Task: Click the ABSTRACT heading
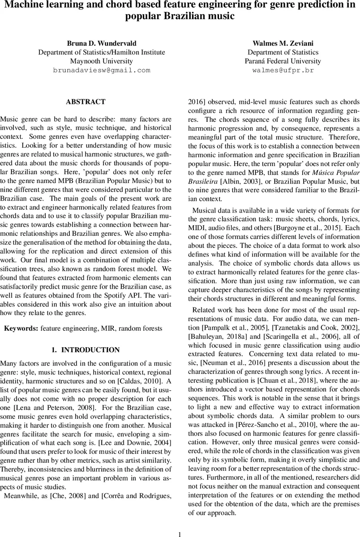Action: (86, 102)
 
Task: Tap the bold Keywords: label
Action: (21, 328)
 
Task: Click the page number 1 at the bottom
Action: (180, 522)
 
